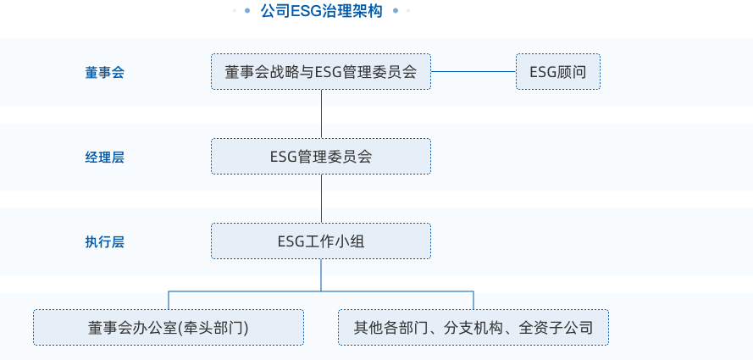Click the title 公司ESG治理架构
click(321, 11)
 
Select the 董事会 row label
click(104, 72)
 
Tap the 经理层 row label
click(104, 157)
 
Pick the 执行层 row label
click(104, 241)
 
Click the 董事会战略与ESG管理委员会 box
click(321, 72)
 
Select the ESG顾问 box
click(557, 72)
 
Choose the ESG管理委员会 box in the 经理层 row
click(321, 157)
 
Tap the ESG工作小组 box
click(321, 241)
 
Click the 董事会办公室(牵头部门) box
click(169, 327)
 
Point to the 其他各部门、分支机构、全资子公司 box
click(473, 327)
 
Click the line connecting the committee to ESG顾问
click(473, 72)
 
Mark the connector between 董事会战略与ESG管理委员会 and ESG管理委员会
click(321, 114)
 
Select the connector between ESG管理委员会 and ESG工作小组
click(321, 198)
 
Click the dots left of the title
click(241, 11)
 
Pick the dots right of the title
click(401, 11)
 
